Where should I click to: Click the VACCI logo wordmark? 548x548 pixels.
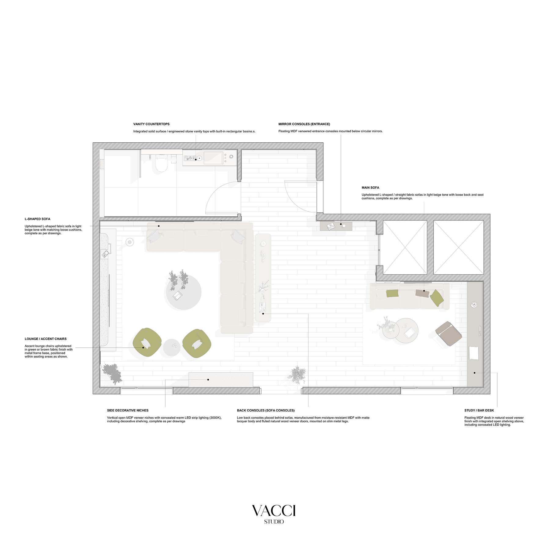coord(274,510)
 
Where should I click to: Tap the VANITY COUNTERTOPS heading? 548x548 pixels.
coord(151,124)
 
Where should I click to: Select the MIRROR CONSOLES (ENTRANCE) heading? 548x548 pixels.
coord(304,124)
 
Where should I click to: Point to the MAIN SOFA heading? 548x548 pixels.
coord(370,188)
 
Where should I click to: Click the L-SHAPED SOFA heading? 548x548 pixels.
coord(37,219)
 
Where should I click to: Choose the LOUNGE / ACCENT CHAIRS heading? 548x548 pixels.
coord(46,339)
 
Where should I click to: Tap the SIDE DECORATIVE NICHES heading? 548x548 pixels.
coord(128,411)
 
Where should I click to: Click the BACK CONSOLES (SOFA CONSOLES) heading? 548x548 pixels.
coord(265,411)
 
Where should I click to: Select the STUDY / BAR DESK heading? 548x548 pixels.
coord(479,411)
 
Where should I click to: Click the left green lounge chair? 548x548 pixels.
coord(147,342)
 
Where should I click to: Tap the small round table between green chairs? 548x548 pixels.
coord(172,347)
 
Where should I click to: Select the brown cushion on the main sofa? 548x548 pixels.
coord(422,293)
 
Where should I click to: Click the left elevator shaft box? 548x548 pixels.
coord(405,247)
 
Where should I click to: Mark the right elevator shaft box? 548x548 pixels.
coord(458,247)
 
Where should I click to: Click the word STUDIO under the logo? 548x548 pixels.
coord(274,522)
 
